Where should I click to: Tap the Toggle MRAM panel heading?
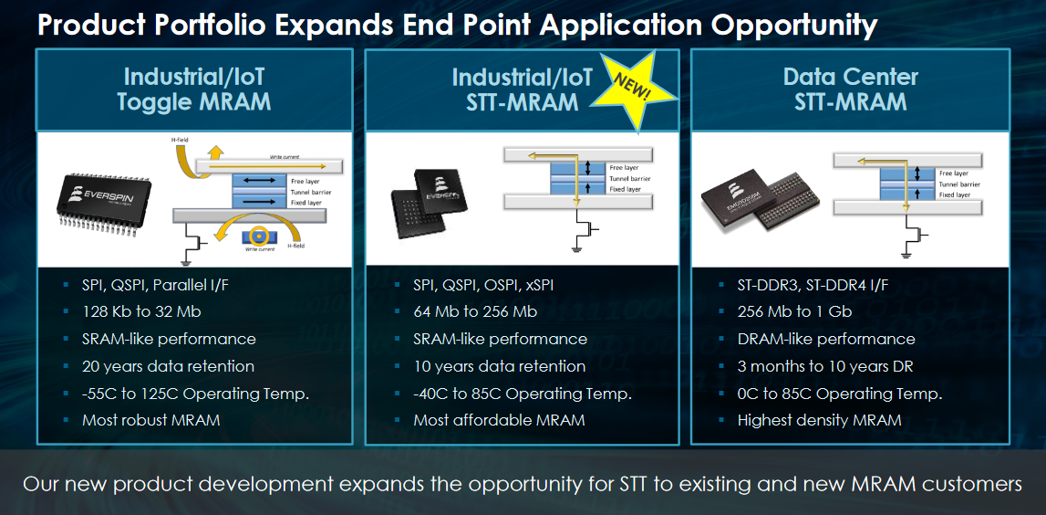pos(193,89)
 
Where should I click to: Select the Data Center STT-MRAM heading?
pos(850,89)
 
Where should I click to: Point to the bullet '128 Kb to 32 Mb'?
pos(141,311)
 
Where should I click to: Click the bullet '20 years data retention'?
pos(168,366)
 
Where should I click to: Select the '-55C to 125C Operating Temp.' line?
pos(195,394)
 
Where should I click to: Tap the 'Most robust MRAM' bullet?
pos(150,420)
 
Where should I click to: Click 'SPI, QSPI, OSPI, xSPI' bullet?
pos(483,285)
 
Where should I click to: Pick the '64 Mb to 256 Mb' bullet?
pos(475,311)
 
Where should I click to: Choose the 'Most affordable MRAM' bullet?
pos(499,420)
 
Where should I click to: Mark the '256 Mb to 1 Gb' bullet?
pos(794,311)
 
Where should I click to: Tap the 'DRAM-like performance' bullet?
pos(826,339)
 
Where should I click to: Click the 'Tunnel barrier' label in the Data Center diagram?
pos(959,184)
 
